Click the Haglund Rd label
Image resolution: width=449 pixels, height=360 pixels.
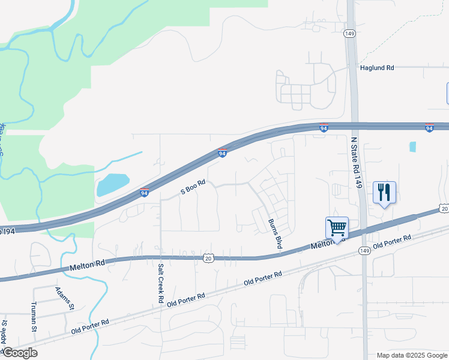click(376, 68)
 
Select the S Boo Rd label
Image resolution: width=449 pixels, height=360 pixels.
click(193, 188)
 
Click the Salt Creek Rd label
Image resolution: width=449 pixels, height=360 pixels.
click(161, 282)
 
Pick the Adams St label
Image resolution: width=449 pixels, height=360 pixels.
click(64, 298)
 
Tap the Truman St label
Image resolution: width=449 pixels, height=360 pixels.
click(34, 316)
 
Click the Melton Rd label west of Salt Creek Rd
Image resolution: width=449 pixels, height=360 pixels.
click(87, 263)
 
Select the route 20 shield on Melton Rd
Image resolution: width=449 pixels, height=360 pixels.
click(208, 257)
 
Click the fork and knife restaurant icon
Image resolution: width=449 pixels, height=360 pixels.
click(384, 192)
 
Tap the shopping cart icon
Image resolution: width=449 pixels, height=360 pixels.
click(337, 227)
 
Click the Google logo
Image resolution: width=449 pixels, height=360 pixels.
click(19, 353)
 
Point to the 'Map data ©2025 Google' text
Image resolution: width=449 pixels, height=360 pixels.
click(411, 355)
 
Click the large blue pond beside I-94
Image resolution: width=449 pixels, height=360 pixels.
click(113, 185)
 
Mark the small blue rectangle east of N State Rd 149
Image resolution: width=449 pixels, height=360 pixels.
click(412, 146)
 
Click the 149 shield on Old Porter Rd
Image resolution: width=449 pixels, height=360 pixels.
click(364, 250)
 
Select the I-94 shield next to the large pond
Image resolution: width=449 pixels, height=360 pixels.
click(144, 192)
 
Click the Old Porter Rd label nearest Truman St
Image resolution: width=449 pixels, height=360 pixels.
click(89, 326)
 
